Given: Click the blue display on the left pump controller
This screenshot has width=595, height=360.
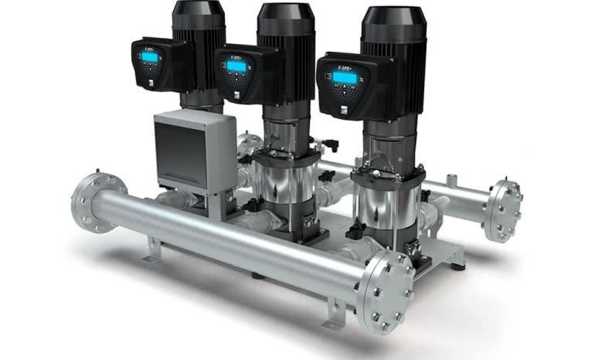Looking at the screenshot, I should (x=149, y=56).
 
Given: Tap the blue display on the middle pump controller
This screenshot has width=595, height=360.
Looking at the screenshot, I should (x=236, y=66).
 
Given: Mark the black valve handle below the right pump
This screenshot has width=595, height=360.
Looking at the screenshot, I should (x=356, y=229).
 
